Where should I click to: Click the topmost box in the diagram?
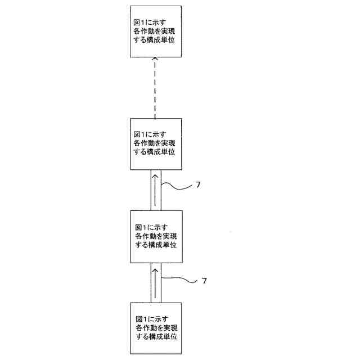[156, 31]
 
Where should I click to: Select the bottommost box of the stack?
[156, 327]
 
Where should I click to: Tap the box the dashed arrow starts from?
[156, 144]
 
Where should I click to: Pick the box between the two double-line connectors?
[156, 236]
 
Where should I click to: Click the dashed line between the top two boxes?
[156, 90]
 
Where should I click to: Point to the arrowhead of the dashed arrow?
[156, 60]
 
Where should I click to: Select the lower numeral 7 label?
[204, 280]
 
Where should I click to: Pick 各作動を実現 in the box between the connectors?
[156, 237]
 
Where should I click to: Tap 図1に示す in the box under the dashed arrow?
[150, 134]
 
